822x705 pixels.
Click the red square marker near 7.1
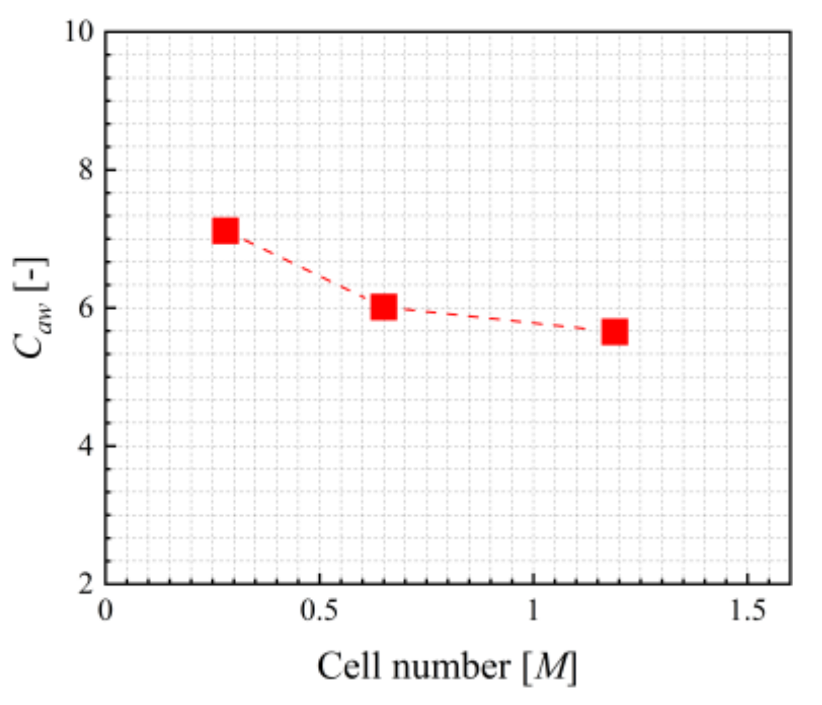click(x=225, y=231)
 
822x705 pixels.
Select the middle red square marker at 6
click(x=384, y=307)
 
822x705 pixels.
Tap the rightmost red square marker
click(x=615, y=332)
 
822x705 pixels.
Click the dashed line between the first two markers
click(x=304, y=269)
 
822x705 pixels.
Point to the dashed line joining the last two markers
click(x=499, y=319)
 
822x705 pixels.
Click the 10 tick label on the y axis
click(x=80, y=32)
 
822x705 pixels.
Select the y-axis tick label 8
click(x=86, y=169)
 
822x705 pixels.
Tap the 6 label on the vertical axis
click(x=86, y=308)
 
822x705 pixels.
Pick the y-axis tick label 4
click(x=86, y=446)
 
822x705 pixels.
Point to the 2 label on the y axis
click(x=86, y=584)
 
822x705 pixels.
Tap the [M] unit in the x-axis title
click(x=549, y=667)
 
